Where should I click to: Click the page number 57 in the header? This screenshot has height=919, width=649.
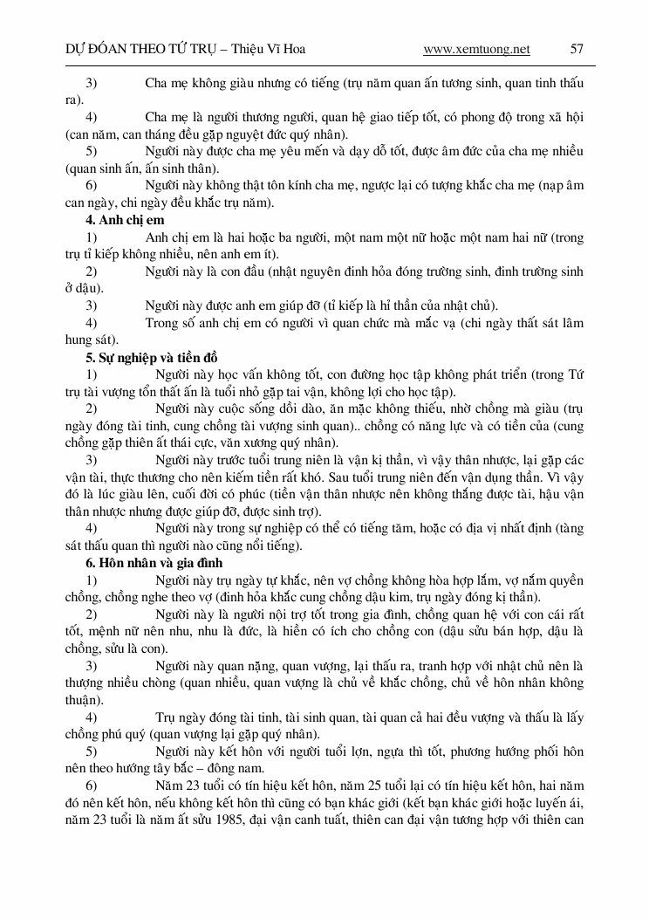577,49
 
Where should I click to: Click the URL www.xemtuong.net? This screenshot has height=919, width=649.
476,49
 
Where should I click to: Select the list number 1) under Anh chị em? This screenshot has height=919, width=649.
91,237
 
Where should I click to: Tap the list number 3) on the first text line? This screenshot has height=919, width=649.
91,83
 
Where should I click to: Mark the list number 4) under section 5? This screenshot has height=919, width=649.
91,529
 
